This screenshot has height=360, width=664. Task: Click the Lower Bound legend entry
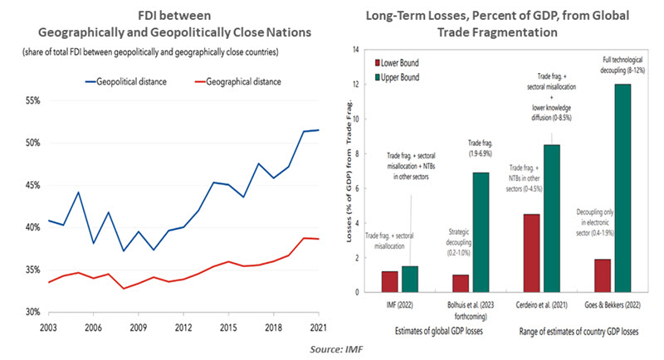click(403, 63)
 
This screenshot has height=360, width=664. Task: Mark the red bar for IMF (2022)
click(389, 281)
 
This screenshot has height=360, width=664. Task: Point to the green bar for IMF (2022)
click(410, 279)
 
